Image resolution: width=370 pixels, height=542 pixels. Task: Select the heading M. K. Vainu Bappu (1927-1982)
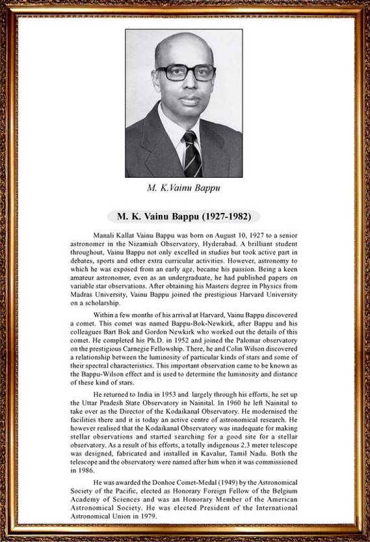184,216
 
